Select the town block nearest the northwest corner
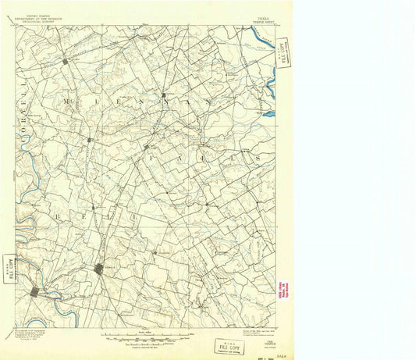[66, 60]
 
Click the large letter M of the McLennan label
[71, 102]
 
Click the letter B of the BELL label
[55, 212]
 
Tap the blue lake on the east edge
[268, 115]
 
